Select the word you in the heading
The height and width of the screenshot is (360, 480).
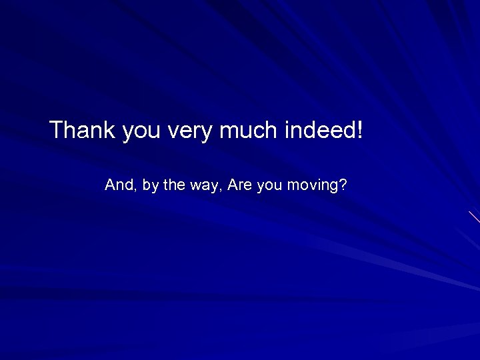click(x=141, y=131)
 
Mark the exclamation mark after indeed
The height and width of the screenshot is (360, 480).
click(x=361, y=130)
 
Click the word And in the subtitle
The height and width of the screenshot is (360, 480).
click(x=119, y=185)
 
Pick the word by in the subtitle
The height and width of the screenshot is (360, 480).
click(x=150, y=186)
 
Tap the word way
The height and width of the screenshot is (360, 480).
click(x=204, y=187)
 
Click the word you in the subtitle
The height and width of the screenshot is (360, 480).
click(x=269, y=187)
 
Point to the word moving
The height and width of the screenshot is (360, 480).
click(x=312, y=186)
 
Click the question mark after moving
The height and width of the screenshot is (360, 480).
click(x=343, y=185)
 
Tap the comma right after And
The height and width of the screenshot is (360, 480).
click(x=136, y=190)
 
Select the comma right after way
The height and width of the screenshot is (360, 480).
click(x=220, y=190)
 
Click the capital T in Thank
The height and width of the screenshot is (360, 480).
click(x=56, y=130)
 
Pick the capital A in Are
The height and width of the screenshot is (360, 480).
click(x=233, y=185)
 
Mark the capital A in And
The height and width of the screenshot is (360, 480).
click(x=110, y=185)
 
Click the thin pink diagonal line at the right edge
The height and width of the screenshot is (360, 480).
click(x=474, y=217)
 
